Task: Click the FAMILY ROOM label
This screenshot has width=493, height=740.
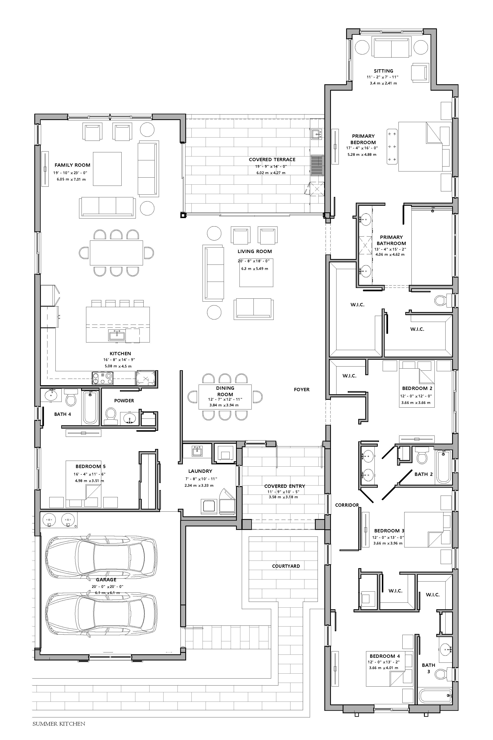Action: click(72, 165)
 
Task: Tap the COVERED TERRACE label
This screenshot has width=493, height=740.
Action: click(272, 160)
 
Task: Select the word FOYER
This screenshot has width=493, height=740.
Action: click(302, 390)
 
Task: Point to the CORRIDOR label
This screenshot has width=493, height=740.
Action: click(347, 505)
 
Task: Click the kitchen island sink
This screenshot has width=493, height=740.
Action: click(117, 335)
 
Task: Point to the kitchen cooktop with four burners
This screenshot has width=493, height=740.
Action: click(103, 378)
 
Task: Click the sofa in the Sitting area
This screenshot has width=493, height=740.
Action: click(392, 47)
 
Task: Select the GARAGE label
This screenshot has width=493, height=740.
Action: click(106, 579)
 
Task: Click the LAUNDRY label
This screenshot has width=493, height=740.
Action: click(200, 471)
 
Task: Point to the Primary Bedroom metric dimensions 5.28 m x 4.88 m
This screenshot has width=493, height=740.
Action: click(362, 155)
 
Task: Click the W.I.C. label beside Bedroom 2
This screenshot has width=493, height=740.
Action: click(349, 376)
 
